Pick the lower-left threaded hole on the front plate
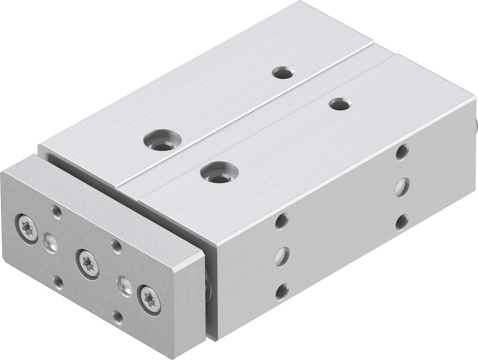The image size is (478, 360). pyautogui.click(x=58, y=282)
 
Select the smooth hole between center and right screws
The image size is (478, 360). pyautogui.click(x=124, y=285)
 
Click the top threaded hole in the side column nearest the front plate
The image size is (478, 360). pyautogui.click(x=282, y=221)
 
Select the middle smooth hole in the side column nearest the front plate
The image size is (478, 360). pyautogui.click(x=281, y=256)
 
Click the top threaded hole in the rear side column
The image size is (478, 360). pyautogui.click(x=402, y=153)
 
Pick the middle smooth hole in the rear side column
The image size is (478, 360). pyautogui.click(x=402, y=186)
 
